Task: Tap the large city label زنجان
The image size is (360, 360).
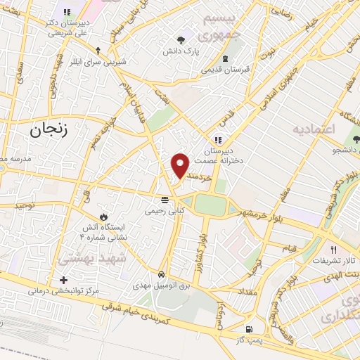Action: pyautogui.click(x=51, y=130)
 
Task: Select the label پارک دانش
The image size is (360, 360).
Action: pyautogui.click(x=182, y=52)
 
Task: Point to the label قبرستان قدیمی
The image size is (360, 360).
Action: pyautogui.click(x=224, y=70)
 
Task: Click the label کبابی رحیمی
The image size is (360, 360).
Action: pyautogui.click(x=164, y=210)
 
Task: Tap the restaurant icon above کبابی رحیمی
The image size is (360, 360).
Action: pyautogui.click(x=165, y=198)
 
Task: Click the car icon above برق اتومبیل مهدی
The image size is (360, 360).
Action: pyautogui.click(x=162, y=274)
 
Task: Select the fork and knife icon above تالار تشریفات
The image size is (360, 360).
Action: pyautogui.click(x=334, y=250)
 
